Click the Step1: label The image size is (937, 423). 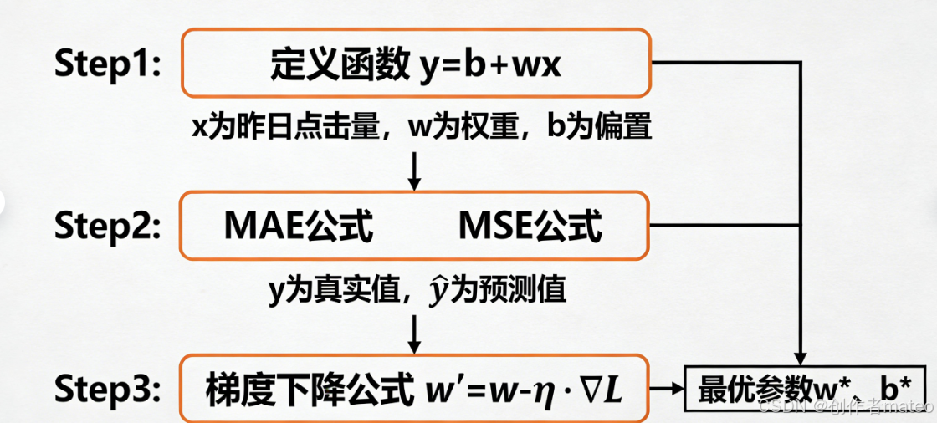pos(107,64)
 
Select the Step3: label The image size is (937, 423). pos(107,390)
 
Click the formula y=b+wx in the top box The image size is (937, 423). pos(489,64)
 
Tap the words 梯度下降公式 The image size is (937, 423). pos(307,390)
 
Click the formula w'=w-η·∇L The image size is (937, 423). pos(519,390)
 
